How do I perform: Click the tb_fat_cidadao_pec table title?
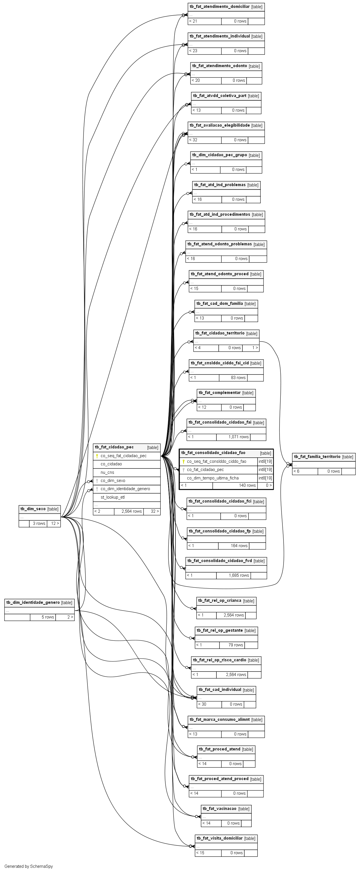pos(114,447)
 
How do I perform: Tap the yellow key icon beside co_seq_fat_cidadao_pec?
pos(97,456)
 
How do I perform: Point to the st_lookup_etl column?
pos(113,497)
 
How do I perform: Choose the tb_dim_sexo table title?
pos(33,509)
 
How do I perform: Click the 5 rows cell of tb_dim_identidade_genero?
pos(48,617)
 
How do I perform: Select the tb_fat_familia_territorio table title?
pos(317,457)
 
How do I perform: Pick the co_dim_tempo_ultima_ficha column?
pos(213,478)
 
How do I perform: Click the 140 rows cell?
pos(247,485)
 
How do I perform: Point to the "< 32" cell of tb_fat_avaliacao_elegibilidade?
pos(193,140)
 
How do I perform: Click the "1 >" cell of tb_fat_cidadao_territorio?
pos(255,348)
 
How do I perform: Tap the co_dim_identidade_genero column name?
pos(125,489)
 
